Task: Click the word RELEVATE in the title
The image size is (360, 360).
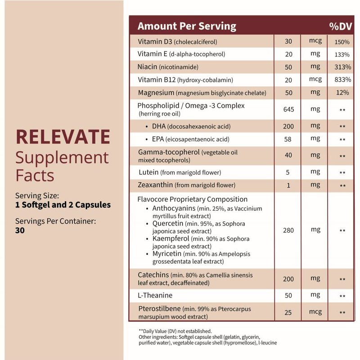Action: [x=63, y=136]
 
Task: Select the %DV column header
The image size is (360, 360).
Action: [x=340, y=26]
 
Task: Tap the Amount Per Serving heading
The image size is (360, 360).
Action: [x=186, y=26]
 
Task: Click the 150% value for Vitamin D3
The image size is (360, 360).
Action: [x=342, y=41]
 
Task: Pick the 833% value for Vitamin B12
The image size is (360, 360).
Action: [x=342, y=80]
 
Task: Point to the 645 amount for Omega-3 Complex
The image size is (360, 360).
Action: [x=288, y=109]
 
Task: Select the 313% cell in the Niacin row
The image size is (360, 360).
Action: [x=342, y=67]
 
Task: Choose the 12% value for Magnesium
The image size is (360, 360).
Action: [x=342, y=92]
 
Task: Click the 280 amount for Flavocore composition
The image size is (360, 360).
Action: [x=288, y=230]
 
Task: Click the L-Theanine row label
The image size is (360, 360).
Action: [x=156, y=296]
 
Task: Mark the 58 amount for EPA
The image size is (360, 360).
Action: [x=288, y=139]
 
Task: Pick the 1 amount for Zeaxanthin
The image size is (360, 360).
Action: [x=288, y=185]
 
